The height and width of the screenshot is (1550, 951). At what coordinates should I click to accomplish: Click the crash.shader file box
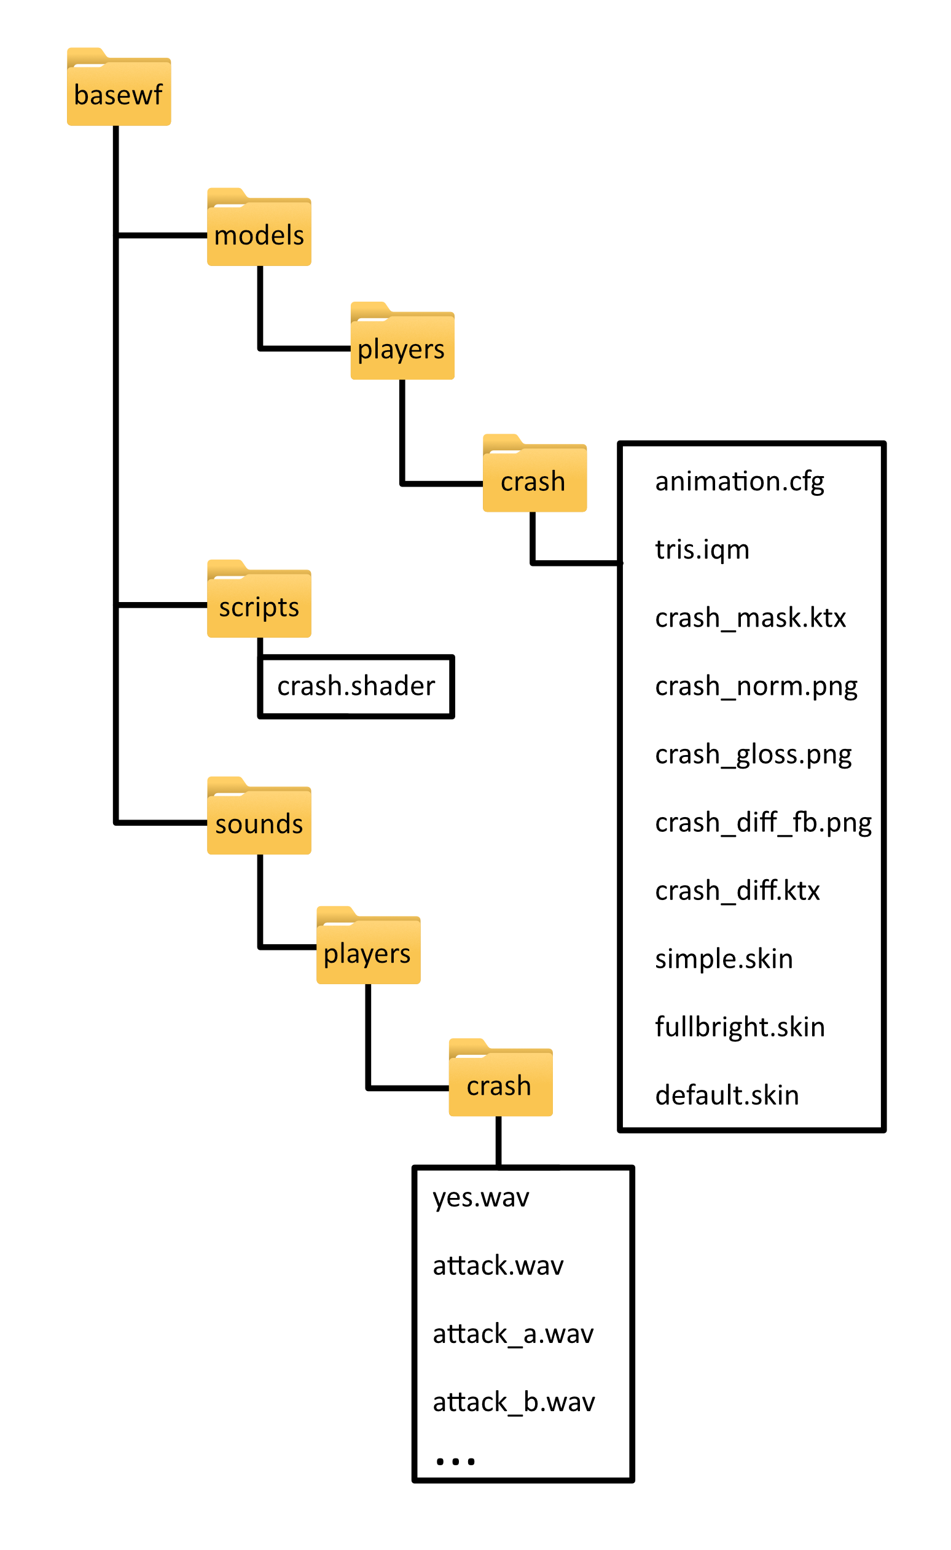(356, 686)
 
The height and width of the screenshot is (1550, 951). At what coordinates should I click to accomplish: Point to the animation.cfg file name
(740, 482)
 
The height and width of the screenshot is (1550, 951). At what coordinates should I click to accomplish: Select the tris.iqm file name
(702, 550)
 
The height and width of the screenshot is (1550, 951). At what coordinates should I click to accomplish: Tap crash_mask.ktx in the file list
(750, 619)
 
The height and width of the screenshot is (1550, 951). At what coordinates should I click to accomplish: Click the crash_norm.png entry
(756, 686)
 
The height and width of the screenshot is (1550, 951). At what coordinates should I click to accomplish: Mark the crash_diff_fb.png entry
(763, 823)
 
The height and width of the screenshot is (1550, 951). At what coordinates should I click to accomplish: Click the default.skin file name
(727, 1096)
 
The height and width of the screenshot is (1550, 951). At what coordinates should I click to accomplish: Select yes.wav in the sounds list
(481, 1198)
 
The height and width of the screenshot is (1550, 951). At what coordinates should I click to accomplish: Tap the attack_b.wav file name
(514, 1402)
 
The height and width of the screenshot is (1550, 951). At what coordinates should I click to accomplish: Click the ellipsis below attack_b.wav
(455, 1461)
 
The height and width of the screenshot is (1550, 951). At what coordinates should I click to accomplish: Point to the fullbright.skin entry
(740, 1027)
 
